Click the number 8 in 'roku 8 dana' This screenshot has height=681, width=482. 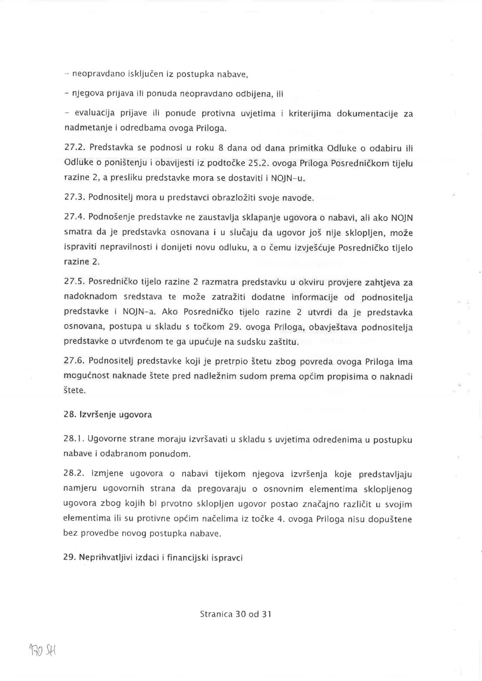220,148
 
